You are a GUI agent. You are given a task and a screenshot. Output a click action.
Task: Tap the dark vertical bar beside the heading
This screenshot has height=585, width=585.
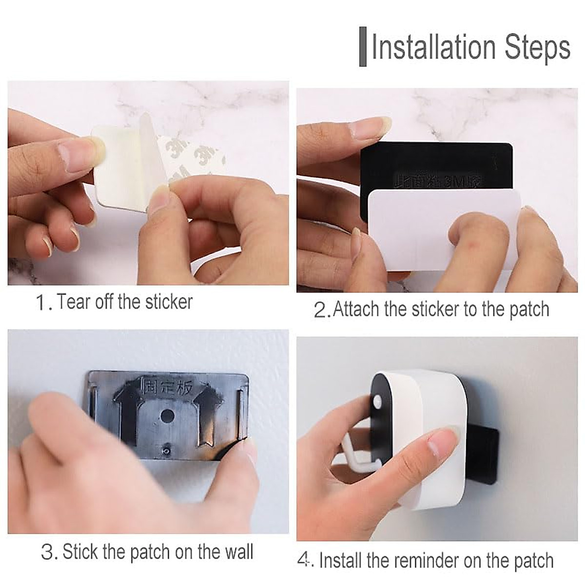coord(363,47)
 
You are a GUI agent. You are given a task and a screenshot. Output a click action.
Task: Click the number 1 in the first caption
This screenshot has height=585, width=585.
coord(41,303)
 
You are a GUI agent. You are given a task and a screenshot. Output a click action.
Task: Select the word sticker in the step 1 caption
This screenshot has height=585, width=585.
coord(169,302)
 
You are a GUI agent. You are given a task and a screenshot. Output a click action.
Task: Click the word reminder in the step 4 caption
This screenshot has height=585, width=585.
coord(427,561)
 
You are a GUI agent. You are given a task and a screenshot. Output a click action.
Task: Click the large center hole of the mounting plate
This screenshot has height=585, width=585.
coord(167,416)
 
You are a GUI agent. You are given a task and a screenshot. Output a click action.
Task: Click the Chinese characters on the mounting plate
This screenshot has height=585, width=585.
coord(167,388)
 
